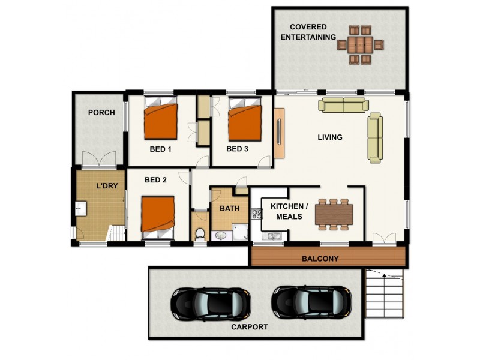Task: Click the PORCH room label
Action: coord(101,112)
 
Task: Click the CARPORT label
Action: coord(250,327)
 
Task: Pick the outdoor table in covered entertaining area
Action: coord(359,44)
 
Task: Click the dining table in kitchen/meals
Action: coord(334,214)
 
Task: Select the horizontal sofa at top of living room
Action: coord(344,106)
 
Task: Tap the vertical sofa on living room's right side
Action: coord(375,137)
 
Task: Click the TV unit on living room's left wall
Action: coord(279,134)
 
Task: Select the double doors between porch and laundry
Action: coord(99,159)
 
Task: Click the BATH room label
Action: coord(229,209)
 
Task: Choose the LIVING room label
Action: coord(330,137)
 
